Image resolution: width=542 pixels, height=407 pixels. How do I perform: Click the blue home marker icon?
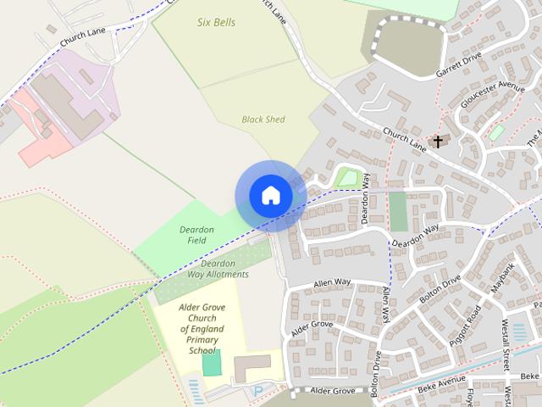click(270, 195)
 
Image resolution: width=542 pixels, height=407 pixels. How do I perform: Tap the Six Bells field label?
click(216, 22)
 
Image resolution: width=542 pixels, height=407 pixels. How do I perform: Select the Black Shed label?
click(263, 120)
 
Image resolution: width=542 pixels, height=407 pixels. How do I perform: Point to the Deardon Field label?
click(196, 235)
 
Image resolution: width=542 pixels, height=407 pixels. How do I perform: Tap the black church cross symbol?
click(438, 141)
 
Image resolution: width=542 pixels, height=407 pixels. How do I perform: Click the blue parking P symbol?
click(257, 391)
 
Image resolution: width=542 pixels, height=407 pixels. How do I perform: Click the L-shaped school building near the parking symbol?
click(252, 367)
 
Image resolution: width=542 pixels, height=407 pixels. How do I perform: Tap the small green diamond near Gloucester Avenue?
click(497, 132)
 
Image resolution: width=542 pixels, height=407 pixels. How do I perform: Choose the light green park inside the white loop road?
click(346, 177)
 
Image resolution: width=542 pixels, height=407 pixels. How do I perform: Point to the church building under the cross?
click(439, 143)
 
